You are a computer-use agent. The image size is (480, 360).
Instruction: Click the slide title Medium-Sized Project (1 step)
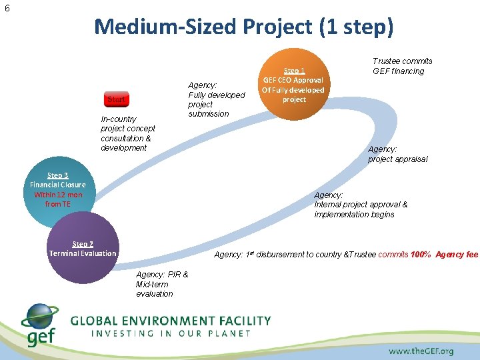[244, 27]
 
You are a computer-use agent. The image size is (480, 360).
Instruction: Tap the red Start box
[118, 100]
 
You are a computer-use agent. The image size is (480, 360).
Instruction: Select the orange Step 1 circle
[293, 85]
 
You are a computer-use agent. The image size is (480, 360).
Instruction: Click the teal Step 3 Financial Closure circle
[58, 190]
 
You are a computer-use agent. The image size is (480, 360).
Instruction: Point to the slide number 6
[7, 9]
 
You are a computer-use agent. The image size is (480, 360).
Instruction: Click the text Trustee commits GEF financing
[402, 66]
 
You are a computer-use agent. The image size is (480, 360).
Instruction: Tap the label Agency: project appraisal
[397, 154]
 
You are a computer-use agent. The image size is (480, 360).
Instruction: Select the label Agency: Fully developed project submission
[216, 99]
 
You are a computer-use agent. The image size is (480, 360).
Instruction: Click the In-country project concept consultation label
[127, 133]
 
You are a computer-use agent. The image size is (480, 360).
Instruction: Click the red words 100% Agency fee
[445, 255]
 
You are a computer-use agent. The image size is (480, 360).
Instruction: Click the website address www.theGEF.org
[421, 351]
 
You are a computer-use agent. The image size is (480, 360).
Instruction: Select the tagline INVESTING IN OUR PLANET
[170, 333]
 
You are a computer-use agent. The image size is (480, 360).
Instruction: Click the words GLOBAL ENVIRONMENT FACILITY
[171, 320]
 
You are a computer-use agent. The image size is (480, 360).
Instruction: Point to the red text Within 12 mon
[58, 195]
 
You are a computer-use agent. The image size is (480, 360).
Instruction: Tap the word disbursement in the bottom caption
[280, 255]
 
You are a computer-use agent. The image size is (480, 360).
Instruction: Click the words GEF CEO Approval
[293, 80]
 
